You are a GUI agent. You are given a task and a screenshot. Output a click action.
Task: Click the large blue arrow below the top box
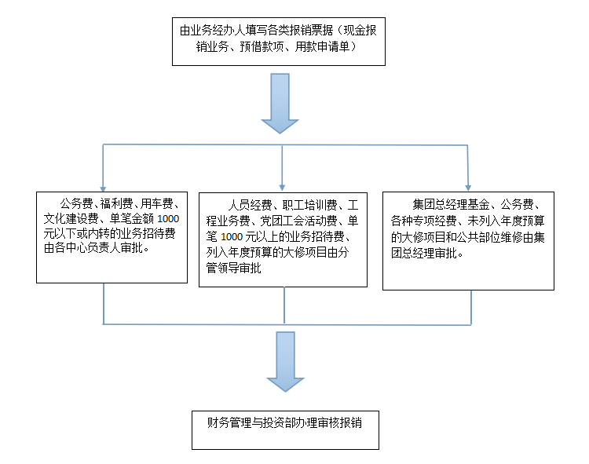280,103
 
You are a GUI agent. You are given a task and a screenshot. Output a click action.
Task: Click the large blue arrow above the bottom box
285,361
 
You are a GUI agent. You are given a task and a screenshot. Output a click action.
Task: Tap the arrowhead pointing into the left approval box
103,189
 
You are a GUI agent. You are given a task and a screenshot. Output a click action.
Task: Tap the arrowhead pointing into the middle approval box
282,188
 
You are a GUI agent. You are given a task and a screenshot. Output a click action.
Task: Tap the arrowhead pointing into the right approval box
468,188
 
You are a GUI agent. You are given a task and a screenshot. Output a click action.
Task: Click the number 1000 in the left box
168,219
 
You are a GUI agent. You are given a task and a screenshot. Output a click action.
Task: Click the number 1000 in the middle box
231,237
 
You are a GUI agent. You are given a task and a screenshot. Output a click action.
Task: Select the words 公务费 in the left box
76,204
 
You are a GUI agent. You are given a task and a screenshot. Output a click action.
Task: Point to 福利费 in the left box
116,204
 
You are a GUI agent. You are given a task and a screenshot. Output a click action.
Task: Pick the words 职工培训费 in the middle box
309,206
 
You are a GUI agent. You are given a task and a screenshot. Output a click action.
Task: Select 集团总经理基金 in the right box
451,205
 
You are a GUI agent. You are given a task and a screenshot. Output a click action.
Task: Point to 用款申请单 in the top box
322,46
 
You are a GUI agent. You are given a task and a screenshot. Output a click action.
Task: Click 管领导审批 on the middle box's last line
233,268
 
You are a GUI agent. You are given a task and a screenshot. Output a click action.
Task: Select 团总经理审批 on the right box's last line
424,254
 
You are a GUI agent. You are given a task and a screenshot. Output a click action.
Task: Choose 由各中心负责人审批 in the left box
93,248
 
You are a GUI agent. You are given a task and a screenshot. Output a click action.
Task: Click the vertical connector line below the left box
104,303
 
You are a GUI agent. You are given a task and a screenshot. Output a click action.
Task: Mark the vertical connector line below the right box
471,308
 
